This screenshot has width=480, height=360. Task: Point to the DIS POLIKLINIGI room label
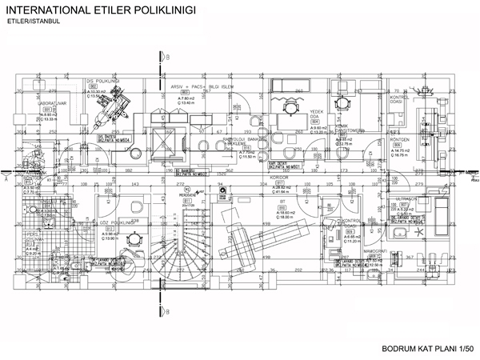103,81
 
